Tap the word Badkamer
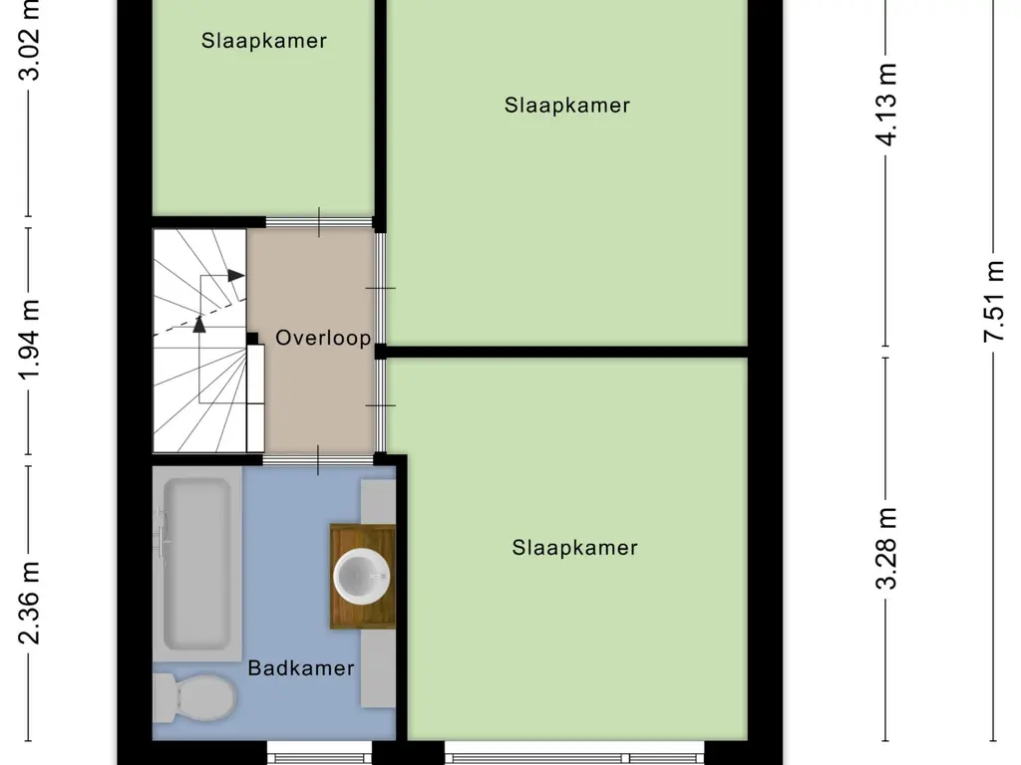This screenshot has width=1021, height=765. (301, 668)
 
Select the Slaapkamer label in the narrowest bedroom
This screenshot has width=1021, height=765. (263, 41)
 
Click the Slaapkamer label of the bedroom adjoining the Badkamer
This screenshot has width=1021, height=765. (574, 547)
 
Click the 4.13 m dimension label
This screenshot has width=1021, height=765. (886, 104)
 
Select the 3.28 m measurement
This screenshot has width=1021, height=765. (886, 548)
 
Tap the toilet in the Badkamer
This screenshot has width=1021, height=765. (194, 697)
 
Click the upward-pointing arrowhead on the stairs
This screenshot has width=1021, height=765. (199, 322)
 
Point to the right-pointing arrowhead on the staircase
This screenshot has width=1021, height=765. (235, 275)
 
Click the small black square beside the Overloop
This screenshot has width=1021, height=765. (252, 339)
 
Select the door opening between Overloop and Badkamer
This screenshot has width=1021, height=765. (318, 459)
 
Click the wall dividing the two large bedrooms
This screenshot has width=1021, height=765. (565, 352)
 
